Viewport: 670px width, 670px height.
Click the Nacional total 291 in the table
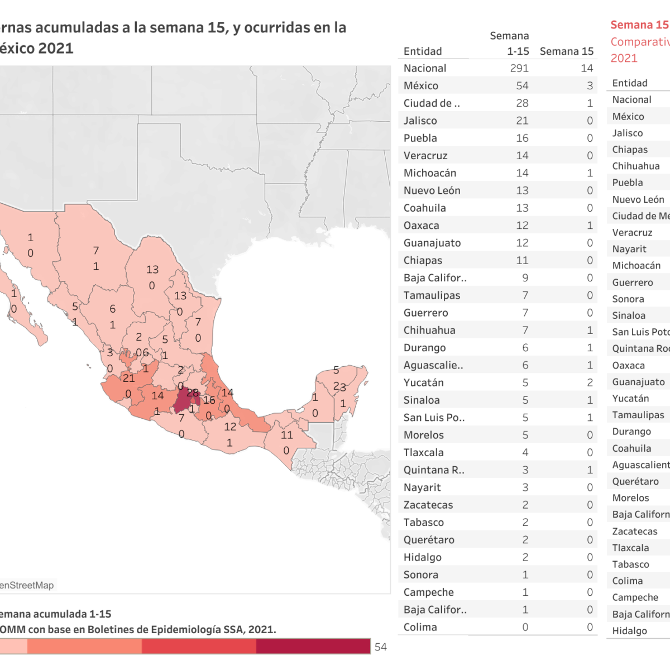pos(519,68)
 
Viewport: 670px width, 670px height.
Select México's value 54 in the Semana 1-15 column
pos(522,85)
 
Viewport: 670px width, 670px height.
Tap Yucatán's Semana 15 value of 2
pos(590,382)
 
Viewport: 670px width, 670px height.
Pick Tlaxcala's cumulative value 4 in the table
pos(525,452)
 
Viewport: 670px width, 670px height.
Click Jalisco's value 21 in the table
pos(522,121)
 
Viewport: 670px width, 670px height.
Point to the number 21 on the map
pos(129,378)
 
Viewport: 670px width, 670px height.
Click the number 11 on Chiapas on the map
pos(287,435)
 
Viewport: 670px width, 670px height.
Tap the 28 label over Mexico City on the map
pos(193,393)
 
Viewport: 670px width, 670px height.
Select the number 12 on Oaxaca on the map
pos(230,427)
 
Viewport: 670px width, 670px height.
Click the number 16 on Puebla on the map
pos(209,400)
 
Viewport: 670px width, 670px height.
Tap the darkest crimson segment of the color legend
pos(313,646)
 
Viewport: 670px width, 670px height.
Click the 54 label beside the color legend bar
pos(381,647)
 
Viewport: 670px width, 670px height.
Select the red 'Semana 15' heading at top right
pos(639,25)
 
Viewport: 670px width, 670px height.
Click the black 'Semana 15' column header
pos(566,51)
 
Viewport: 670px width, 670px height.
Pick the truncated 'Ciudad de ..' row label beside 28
pos(432,103)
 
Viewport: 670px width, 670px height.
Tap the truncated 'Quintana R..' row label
pos(434,470)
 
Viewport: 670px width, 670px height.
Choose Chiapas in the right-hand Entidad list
pos(630,150)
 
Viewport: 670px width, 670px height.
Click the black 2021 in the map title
pos(56,48)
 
